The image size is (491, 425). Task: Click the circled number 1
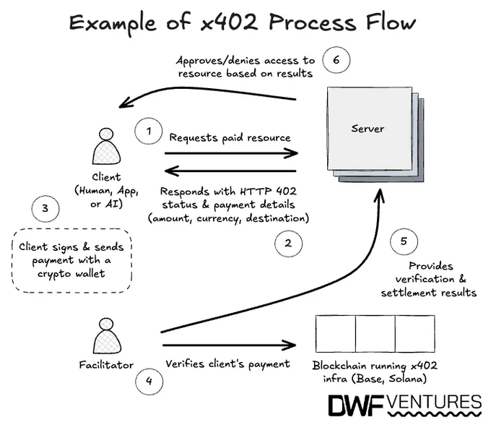tap(149, 132)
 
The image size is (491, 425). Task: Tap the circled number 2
tap(288, 244)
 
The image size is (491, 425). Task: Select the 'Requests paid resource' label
tap(230, 137)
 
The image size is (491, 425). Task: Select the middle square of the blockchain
tap(375, 334)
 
